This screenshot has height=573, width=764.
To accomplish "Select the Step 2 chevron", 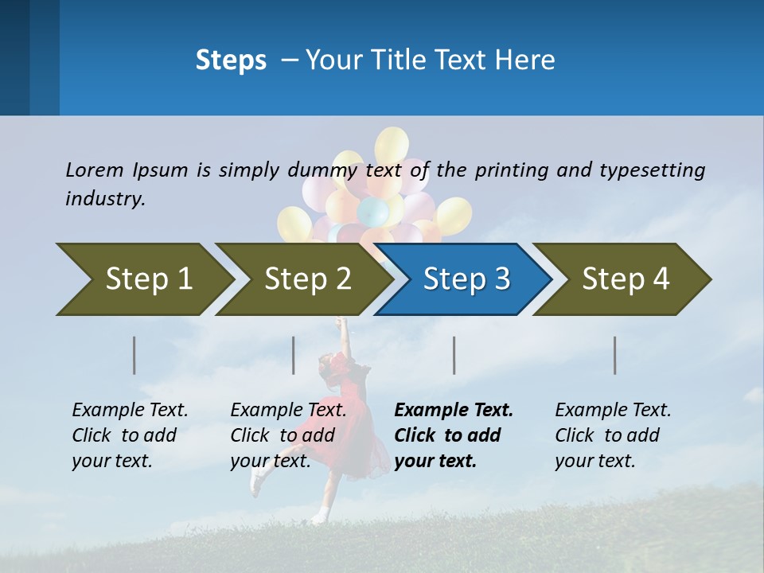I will tap(302, 279).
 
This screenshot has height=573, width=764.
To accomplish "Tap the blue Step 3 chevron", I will tap(463, 279).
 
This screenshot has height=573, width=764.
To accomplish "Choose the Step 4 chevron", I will tap(622, 279).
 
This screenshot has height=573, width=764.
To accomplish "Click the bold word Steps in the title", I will tap(231, 60).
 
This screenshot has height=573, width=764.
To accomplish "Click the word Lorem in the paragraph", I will tap(94, 170).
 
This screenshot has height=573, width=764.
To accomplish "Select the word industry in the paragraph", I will tap(105, 199).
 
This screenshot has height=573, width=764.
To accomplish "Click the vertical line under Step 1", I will tap(134, 355).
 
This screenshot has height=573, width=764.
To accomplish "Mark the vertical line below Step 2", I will tap(294, 355).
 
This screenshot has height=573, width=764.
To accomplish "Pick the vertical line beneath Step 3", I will tap(454, 355).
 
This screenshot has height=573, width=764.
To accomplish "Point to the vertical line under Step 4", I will tap(615, 355).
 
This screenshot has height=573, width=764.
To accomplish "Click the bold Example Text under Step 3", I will tap(454, 435).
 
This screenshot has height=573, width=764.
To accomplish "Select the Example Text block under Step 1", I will tap(130, 435).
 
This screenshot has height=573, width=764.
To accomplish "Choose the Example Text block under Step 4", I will tap(613, 435).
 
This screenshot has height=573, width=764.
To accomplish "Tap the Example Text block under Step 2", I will tap(288, 435).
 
